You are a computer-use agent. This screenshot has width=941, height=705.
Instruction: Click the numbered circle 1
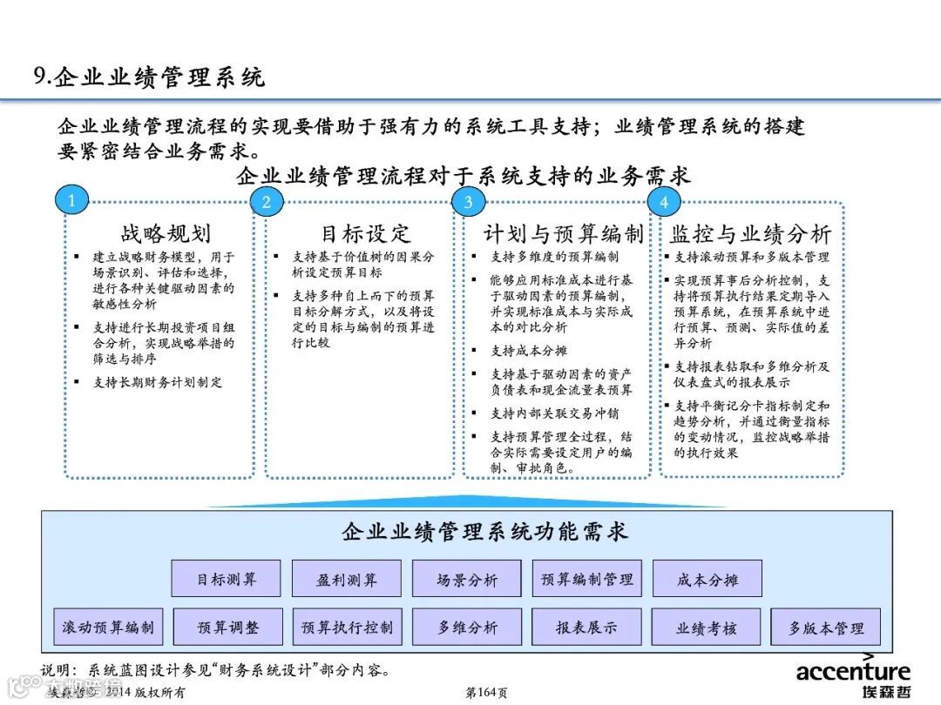click(x=71, y=201)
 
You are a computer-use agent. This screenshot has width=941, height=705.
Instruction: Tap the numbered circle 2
click(x=267, y=202)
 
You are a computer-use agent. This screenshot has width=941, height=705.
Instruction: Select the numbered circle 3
click(x=468, y=202)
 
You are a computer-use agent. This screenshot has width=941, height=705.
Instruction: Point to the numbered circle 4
click(x=664, y=202)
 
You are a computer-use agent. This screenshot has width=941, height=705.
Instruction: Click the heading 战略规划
click(x=166, y=233)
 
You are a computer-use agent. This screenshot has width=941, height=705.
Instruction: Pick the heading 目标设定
click(x=365, y=233)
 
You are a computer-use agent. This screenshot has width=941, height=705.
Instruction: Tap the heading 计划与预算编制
click(x=563, y=233)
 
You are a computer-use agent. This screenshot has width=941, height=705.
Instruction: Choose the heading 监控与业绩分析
click(x=750, y=233)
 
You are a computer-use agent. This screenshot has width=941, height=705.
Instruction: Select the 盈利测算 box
click(x=347, y=579)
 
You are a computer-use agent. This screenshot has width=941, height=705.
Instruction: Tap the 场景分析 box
click(x=467, y=579)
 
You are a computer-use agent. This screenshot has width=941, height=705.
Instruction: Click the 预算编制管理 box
click(x=587, y=579)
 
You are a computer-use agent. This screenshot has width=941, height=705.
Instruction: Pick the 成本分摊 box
click(x=707, y=579)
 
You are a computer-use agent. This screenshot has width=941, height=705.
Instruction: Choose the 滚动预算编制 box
click(x=108, y=627)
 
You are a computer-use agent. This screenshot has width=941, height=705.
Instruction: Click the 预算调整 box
click(x=228, y=627)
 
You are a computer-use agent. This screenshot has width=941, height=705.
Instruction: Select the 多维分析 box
click(x=467, y=627)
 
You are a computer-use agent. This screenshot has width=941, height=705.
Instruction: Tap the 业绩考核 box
click(x=707, y=627)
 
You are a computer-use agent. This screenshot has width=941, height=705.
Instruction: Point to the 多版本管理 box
click(x=826, y=627)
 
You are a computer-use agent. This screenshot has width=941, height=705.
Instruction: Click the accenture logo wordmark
click(x=853, y=671)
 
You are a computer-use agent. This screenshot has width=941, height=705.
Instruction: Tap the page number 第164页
click(x=486, y=693)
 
